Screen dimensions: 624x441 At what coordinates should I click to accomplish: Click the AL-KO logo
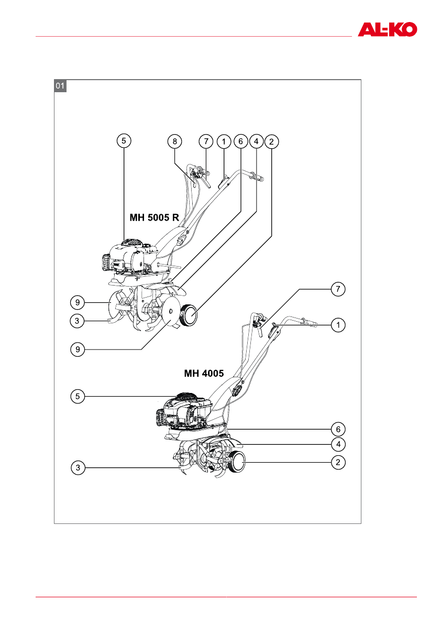pos(387,29)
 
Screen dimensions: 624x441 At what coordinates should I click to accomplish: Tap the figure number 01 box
pos(61,86)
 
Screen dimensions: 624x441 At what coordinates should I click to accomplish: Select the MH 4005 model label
pos(204,374)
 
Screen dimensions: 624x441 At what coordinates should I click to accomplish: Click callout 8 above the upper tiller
pos(175,141)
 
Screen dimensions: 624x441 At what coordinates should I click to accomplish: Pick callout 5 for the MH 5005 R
pos(124,141)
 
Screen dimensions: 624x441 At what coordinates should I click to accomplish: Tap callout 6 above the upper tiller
pos(240,141)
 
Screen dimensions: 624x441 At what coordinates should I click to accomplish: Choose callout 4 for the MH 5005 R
pos(256,141)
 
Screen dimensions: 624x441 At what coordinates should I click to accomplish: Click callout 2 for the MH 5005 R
pos(271,141)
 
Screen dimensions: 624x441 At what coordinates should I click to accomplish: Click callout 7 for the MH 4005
pos(338,289)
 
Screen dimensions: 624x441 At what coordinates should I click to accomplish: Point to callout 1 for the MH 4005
pos(338,325)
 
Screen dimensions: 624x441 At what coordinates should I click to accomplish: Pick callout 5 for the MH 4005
pos(78,397)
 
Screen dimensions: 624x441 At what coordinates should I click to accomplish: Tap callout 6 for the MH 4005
pos(338,429)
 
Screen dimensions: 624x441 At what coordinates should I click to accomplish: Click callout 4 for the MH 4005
pos(338,444)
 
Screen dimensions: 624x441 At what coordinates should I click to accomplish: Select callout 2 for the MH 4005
pos(338,462)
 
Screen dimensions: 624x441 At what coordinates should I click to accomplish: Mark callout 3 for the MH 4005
pos(78,468)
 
